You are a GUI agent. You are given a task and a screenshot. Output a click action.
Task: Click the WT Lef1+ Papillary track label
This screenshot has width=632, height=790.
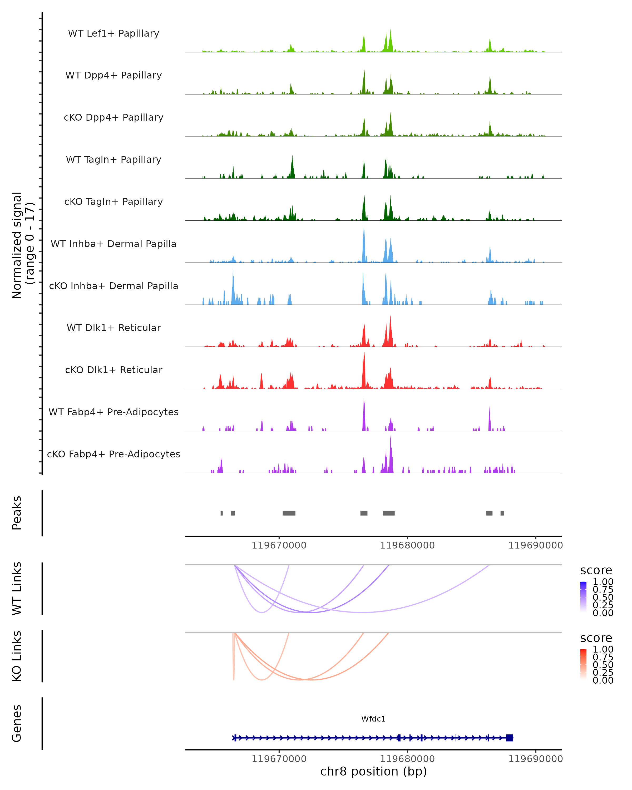[113, 33]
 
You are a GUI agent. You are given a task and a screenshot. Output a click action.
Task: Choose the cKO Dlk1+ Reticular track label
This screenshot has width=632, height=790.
[113, 370]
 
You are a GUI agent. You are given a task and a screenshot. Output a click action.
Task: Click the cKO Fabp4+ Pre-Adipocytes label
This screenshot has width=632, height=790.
[113, 454]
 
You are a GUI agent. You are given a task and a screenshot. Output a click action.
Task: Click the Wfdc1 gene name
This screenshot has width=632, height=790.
[373, 719]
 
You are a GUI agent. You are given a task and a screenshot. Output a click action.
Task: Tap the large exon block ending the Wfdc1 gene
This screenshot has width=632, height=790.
[509, 738]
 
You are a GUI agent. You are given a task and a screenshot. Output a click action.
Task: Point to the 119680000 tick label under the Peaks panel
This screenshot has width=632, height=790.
[407, 545]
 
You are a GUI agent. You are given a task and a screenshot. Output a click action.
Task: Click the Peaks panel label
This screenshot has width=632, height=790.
[17, 513]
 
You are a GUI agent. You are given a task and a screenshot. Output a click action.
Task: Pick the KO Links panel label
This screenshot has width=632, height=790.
[17, 656]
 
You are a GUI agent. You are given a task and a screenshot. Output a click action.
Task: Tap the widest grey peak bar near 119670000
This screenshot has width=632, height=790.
[289, 513]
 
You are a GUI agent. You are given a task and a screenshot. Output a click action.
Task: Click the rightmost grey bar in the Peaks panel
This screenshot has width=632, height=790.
[502, 513]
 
